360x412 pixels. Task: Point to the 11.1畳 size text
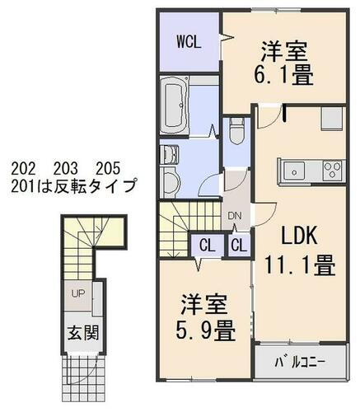(298, 266)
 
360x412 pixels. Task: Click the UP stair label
(77, 293)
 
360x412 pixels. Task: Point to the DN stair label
(235, 215)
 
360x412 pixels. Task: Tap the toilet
(237, 131)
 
